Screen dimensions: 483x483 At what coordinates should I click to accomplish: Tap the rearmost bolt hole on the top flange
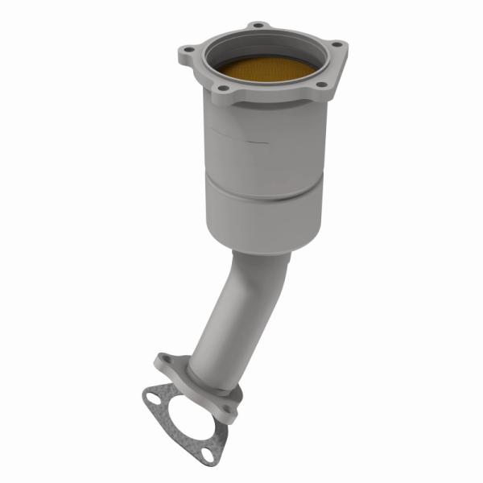[258, 25]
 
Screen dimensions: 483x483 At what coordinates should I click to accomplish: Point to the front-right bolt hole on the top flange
[320, 85]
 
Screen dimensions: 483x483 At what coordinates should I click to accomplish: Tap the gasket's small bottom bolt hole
[209, 456]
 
